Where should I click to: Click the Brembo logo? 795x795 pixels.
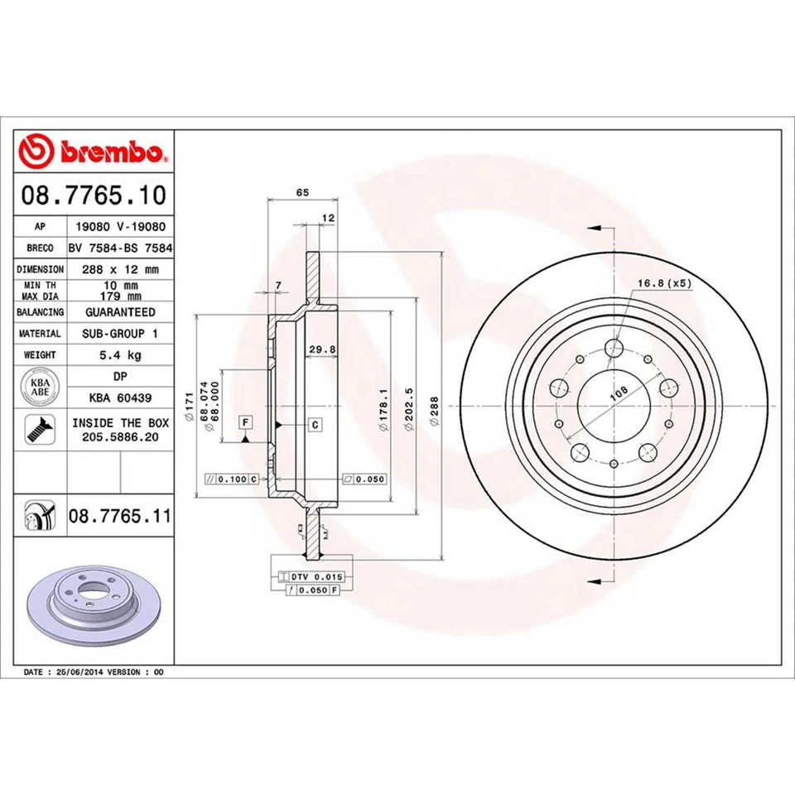94,152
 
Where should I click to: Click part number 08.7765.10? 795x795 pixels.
94,195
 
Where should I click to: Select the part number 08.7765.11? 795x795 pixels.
119,516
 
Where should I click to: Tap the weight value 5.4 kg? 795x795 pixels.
120,355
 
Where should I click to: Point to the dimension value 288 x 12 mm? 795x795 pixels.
120,269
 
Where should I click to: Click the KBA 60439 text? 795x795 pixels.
120,398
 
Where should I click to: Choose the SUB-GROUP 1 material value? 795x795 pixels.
120,334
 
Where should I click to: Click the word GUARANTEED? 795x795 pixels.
120,312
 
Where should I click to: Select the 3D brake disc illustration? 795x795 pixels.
93,601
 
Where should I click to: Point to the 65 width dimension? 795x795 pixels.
302,192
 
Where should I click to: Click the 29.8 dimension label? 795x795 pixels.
321,349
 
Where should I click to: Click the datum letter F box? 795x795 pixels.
246,423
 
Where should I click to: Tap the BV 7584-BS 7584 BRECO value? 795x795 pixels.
120,248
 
